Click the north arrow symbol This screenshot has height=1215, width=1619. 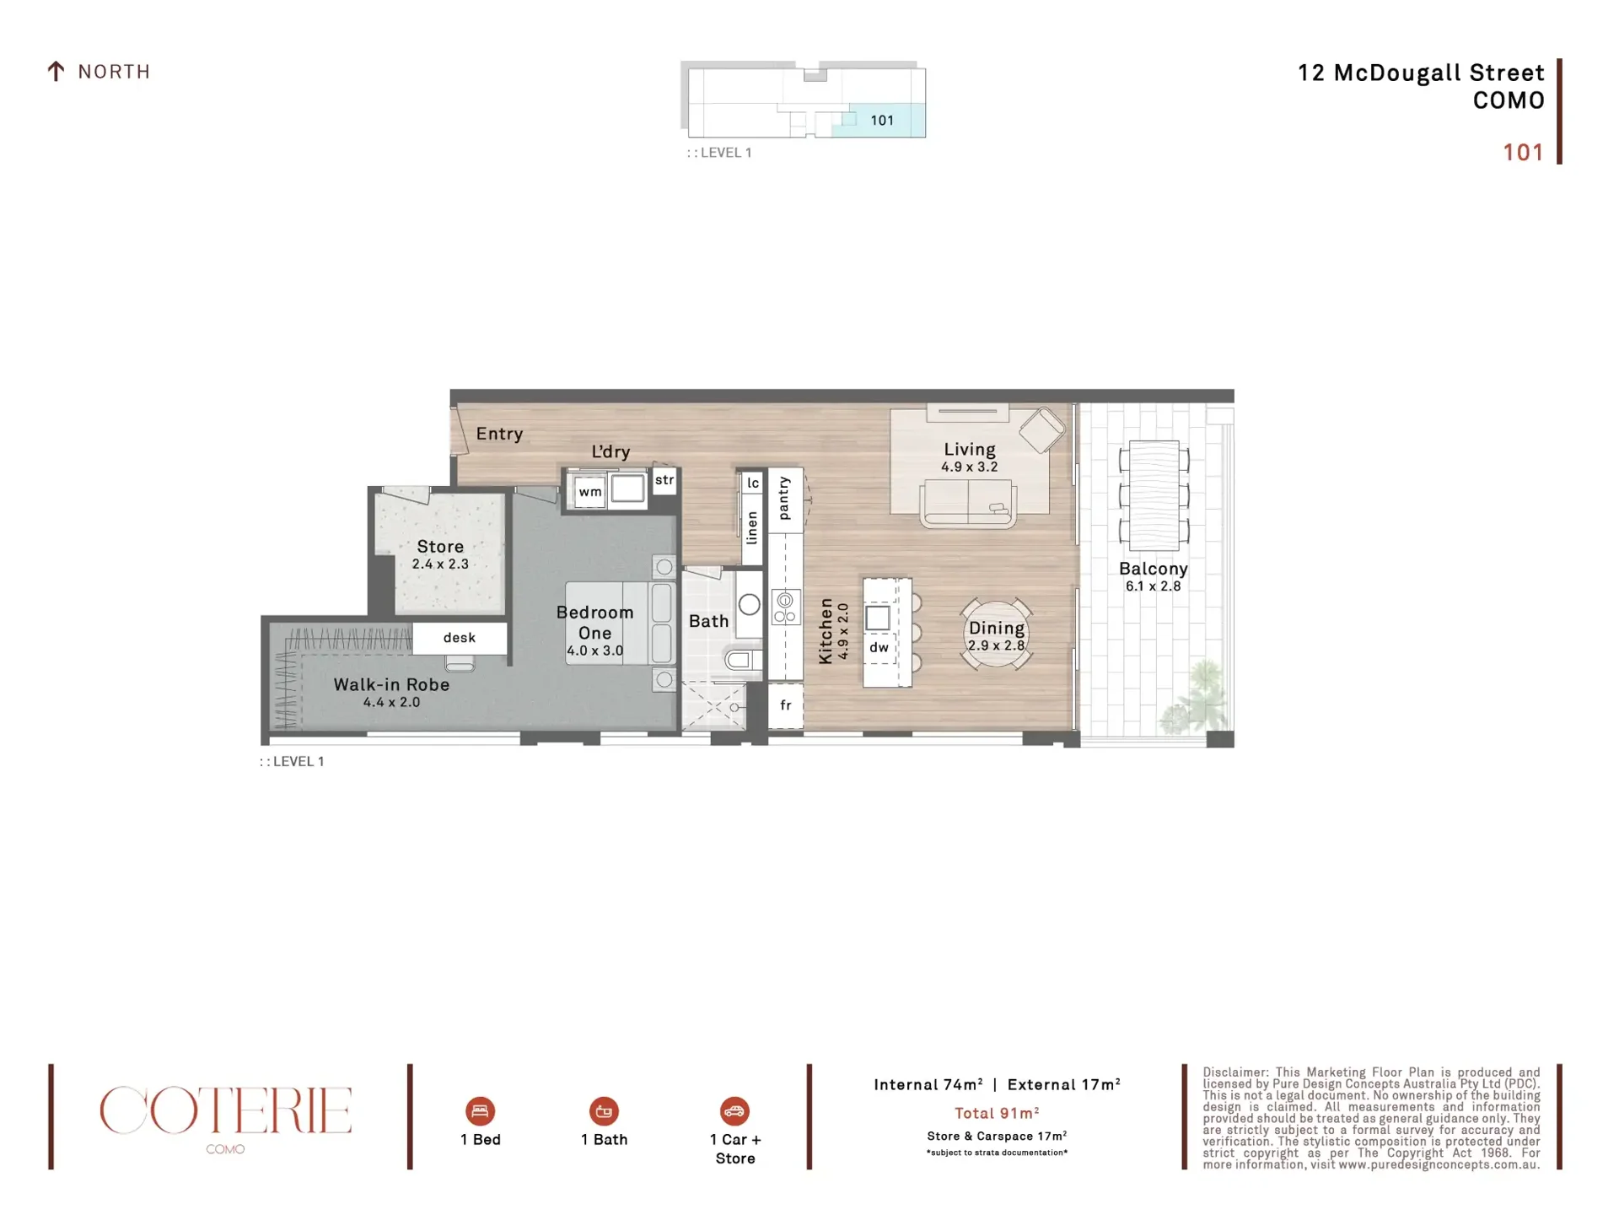point(56,72)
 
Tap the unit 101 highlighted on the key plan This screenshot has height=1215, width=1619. point(879,120)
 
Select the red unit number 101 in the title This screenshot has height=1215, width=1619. point(1523,153)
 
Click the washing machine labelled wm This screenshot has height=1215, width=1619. point(590,492)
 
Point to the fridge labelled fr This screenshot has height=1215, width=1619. point(785,705)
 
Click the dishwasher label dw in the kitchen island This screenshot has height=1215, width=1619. point(879,647)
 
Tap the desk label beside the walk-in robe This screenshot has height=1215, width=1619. point(460,638)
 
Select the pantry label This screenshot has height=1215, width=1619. point(784,498)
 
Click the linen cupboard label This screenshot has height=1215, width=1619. point(752,527)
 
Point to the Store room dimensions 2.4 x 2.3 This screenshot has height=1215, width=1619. point(440,564)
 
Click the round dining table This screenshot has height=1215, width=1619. point(996,634)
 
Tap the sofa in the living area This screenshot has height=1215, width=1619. point(968,503)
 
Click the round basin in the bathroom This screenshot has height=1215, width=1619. point(749,604)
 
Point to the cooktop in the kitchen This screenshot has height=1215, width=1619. point(785,607)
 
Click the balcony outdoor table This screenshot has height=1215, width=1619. point(1154,495)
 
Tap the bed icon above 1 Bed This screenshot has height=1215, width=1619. point(480,1111)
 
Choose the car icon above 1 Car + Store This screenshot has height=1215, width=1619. point(734,1111)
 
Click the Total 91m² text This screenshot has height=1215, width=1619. point(997,1114)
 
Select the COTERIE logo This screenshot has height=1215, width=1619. point(225,1110)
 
